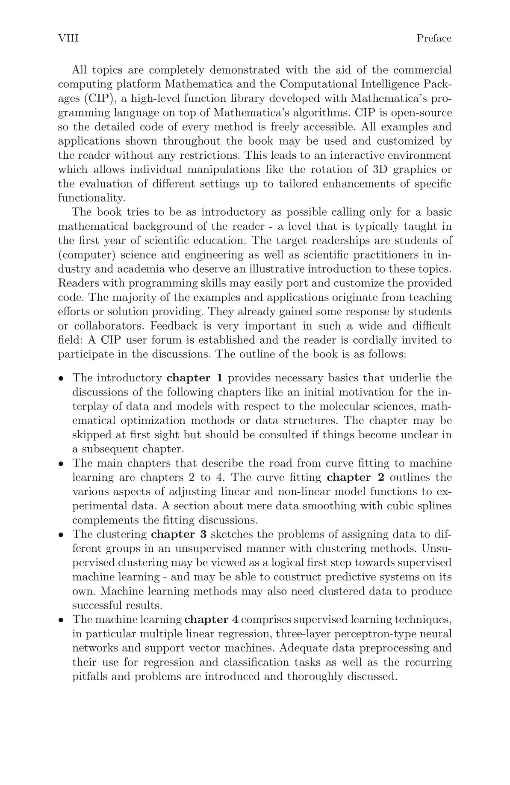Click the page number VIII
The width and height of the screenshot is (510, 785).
coord(68,39)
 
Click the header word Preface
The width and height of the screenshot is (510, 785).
coord(434,39)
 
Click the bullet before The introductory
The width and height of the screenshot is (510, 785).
coord(62,378)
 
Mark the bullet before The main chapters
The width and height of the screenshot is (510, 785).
coord(62,464)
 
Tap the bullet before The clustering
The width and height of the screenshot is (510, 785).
coord(62,535)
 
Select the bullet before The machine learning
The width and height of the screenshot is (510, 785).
coord(62,620)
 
